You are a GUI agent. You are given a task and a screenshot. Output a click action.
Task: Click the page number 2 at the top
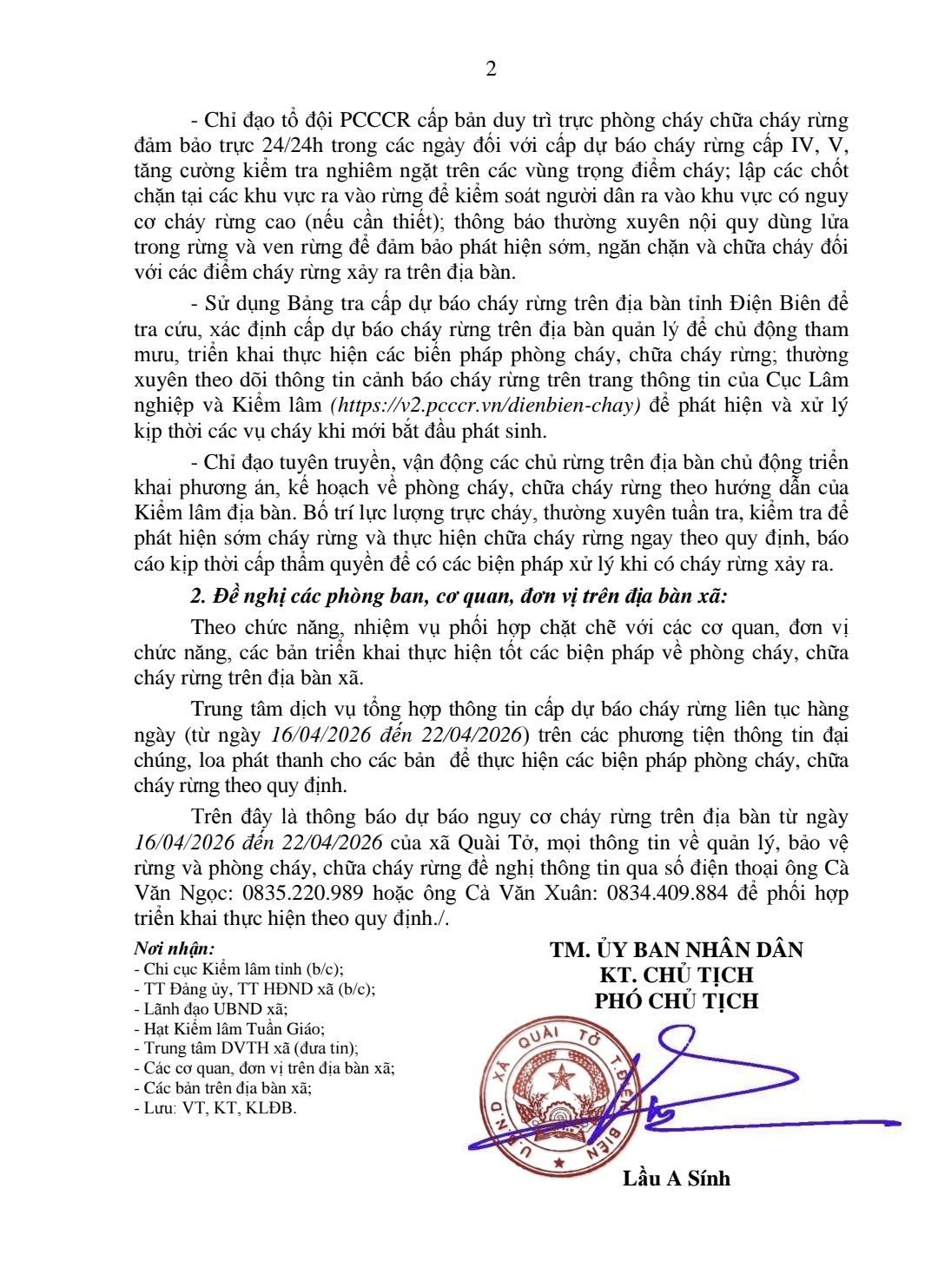(491, 70)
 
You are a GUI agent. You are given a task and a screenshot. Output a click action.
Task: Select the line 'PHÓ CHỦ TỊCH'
(676, 1001)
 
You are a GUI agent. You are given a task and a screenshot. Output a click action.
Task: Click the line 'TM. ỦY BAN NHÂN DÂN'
(676, 949)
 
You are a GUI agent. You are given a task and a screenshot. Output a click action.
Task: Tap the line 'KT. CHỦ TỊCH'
(676, 974)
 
